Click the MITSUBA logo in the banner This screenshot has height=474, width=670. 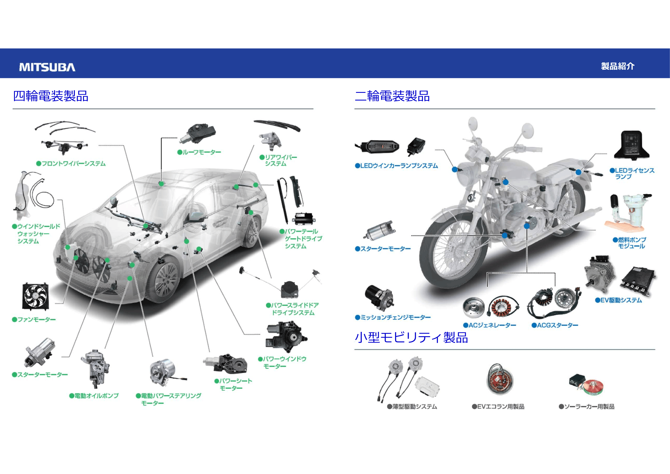tap(47, 67)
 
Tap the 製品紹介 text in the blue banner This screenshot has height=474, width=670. tap(618, 66)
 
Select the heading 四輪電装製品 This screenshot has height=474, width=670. tap(51, 96)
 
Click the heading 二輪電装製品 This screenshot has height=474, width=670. tap(392, 96)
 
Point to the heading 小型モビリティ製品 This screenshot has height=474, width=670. tap(411, 338)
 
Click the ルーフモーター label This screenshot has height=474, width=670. tap(199, 152)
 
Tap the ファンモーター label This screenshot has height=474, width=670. tap(34, 320)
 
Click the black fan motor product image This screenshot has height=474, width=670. tap(35, 296)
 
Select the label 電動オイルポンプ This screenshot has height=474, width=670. tap(94, 396)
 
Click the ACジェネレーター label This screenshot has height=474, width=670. tap(490, 325)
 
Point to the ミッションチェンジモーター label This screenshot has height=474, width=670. tap(393, 317)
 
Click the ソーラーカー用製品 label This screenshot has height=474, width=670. tap(587, 407)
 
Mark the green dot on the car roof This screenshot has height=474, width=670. tap(161, 184)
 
